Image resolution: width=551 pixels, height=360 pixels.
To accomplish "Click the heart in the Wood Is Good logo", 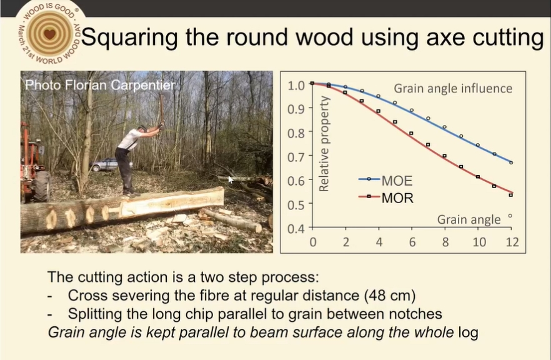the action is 50,34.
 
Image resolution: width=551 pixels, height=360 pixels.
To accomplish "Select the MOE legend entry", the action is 385,181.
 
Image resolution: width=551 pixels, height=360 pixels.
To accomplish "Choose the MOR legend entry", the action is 386,198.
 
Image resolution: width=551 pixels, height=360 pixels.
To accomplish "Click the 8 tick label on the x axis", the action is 445,242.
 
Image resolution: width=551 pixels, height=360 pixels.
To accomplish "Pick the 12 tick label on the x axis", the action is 512,242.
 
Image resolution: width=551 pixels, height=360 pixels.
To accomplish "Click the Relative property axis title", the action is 324,144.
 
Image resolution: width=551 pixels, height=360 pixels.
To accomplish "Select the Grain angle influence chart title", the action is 453,88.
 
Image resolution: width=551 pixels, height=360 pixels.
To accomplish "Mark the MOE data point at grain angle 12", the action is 511,162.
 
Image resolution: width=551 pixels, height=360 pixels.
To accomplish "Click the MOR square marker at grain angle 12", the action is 511,195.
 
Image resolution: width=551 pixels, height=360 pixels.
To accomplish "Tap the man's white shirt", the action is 129,139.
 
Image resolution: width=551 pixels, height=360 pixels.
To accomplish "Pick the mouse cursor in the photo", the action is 231,179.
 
